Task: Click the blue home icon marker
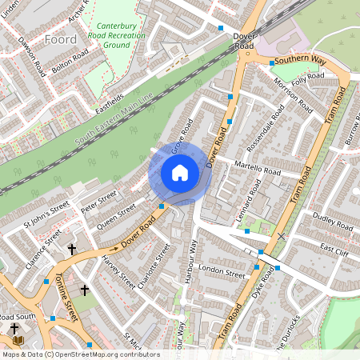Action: coord(180,173)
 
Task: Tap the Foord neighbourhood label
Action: coord(62,38)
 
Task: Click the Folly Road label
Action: coord(308,78)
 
